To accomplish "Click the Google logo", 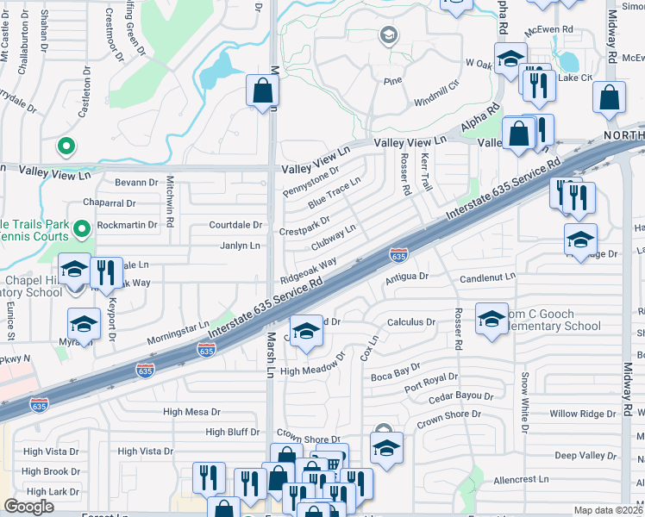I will point(28,507).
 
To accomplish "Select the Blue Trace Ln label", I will point(334,195).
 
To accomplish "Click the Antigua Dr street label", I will point(406,277).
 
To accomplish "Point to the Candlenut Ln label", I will point(487,277).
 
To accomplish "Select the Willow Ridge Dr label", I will point(583,414).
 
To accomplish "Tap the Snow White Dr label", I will point(523,402).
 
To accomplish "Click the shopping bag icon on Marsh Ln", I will point(262,90).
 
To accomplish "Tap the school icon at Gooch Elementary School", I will point(492,320).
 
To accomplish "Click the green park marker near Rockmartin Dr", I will point(81,228).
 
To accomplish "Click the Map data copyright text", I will point(609,510).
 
